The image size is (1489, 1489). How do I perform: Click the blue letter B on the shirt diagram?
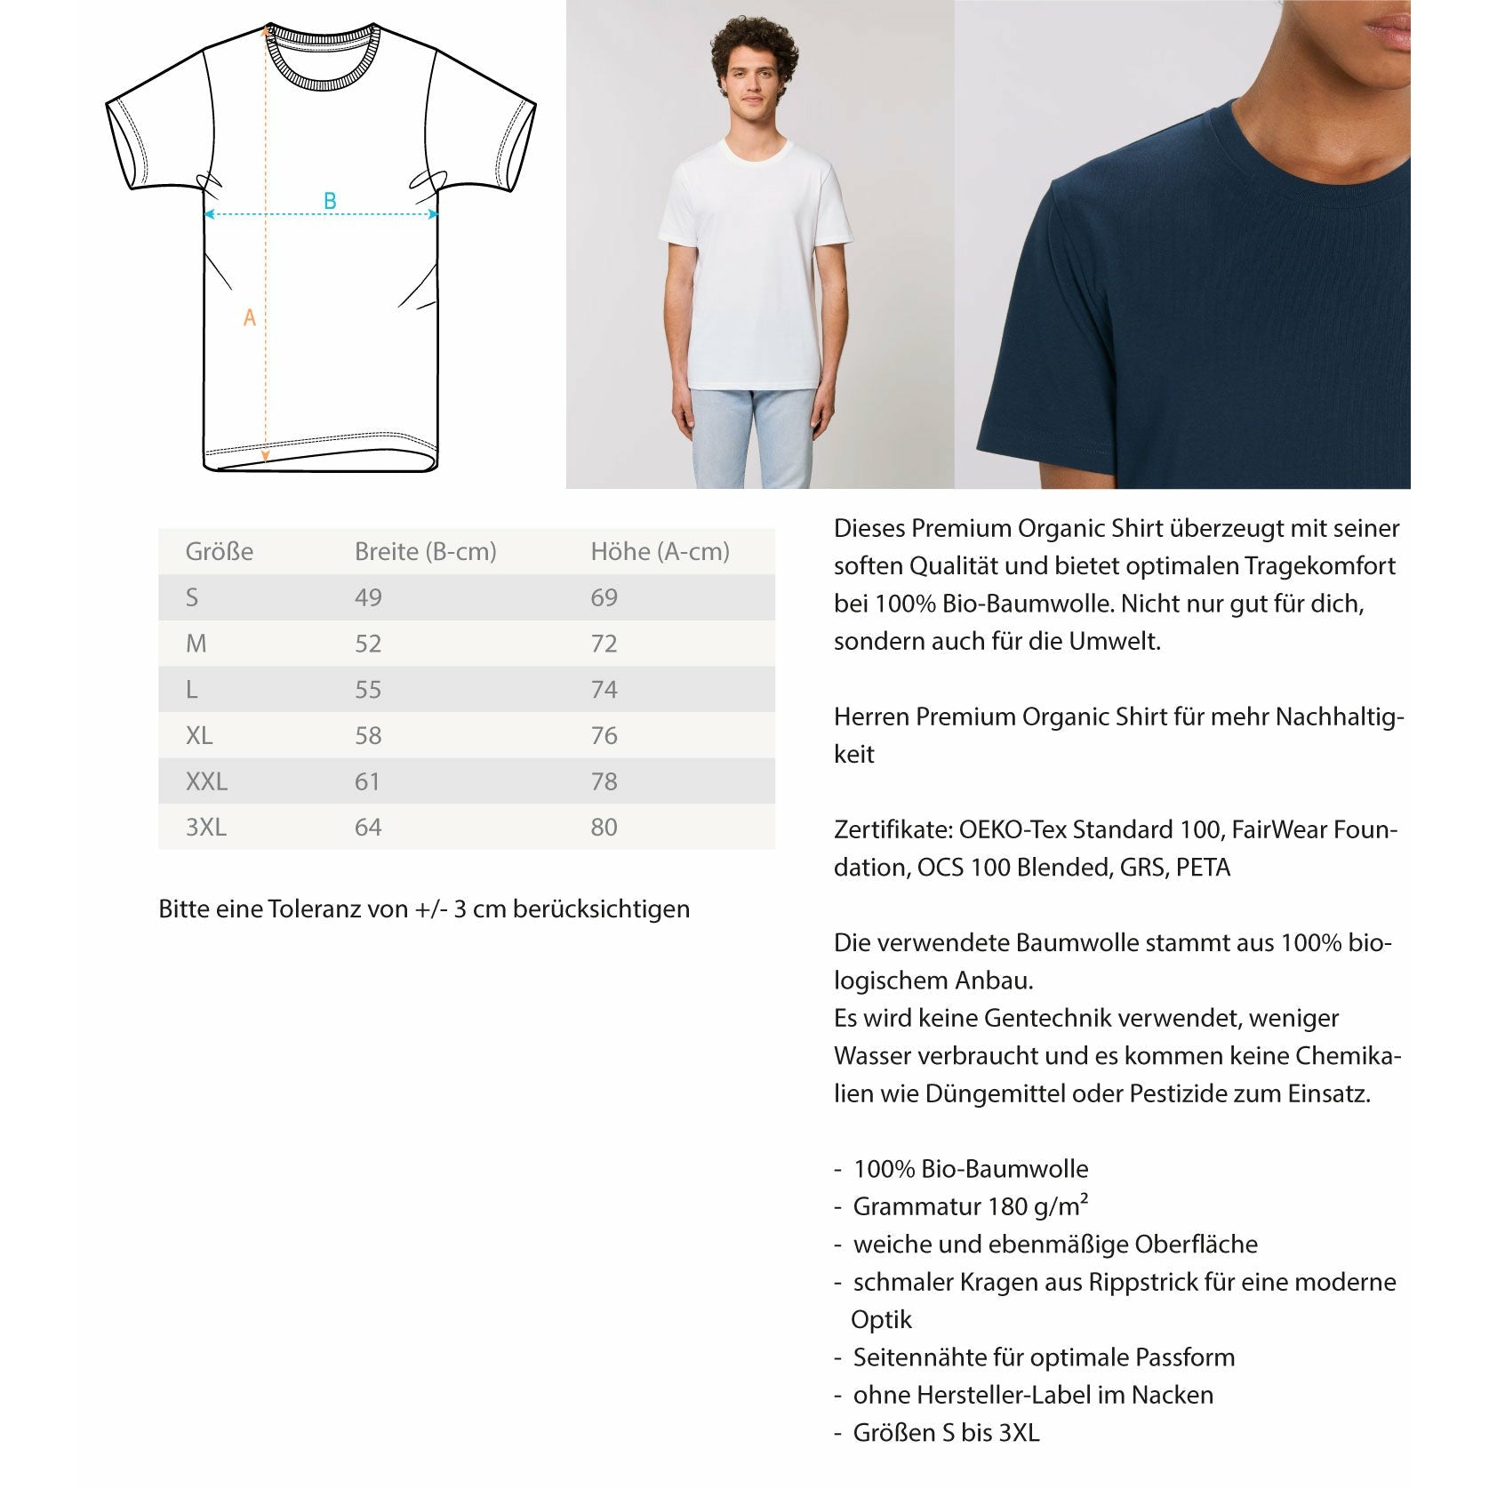(x=330, y=201)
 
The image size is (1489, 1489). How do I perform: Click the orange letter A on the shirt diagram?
(x=250, y=317)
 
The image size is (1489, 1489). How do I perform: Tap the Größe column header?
(x=219, y=552)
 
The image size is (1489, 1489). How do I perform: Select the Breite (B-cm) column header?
(x=425, y=552)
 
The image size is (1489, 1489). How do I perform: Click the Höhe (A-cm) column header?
(x=660, y=552)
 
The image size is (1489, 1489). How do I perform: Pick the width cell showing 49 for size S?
(x=368, y=598)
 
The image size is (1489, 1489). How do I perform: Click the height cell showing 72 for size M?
(x=604, y=644)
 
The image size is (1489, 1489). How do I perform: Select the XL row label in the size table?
(x=199, y=736)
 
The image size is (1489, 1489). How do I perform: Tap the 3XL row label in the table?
(x=205, y=828)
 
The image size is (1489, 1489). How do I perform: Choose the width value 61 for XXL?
(x=367, y=782)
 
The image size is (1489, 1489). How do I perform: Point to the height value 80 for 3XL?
(x=604, y=828)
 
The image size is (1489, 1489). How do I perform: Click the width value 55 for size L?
(x=368, y=690)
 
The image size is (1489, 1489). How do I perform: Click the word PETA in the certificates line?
(x=1203, y=868)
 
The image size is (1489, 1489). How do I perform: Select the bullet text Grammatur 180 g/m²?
(x=970, y=1206)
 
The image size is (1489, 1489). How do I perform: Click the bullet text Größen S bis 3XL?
(x=946, y=1433)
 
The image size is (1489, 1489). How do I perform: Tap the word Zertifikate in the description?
(x=893, y=830)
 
